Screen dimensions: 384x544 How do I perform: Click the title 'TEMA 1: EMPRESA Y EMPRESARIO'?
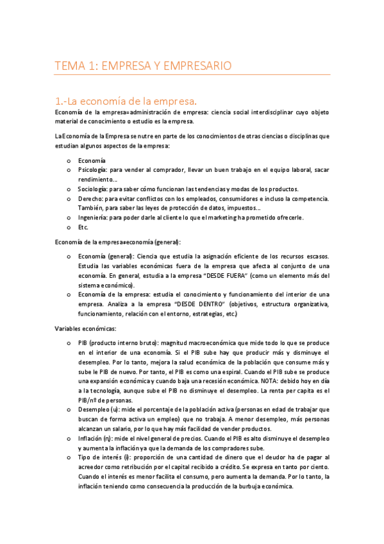tap(142, 65)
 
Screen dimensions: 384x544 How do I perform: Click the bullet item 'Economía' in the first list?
tap(92, 160)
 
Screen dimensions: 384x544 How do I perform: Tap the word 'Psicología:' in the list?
tap(92, 170)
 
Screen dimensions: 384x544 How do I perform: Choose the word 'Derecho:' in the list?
tap(90, 199)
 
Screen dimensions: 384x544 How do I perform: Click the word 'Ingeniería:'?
tap(93, 217)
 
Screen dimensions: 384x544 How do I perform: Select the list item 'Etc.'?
tap(83, 227)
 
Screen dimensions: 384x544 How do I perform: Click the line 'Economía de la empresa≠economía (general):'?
tap(118, 242)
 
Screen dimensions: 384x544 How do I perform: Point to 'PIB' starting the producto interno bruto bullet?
tap(83, 343)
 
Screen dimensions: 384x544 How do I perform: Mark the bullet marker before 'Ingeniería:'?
tap(69, 218)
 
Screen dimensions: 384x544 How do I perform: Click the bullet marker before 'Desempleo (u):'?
tap(69, 410)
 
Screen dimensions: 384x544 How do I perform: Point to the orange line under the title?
tap(192, 75)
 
